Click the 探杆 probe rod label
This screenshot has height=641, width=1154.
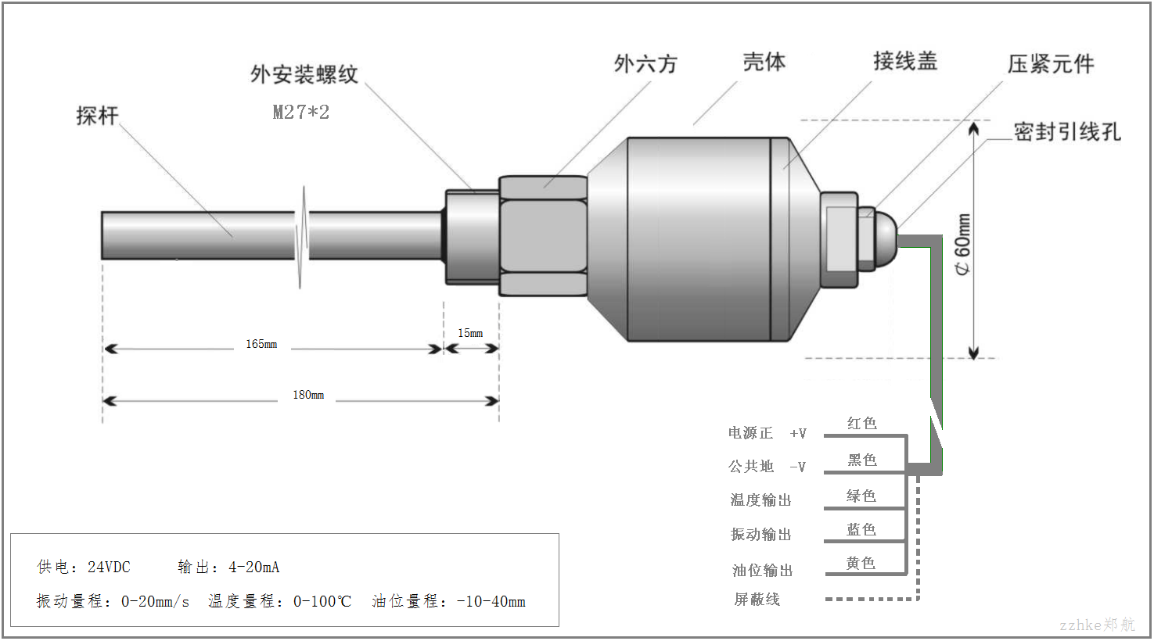tap(97, 116)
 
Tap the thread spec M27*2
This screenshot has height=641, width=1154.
tap(301, 112)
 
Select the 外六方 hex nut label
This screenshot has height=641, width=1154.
tap(645, 64)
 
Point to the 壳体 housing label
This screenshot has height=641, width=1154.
tap(764, 63)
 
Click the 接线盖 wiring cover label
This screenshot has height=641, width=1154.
tap(905, 61)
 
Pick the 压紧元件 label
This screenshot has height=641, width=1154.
tap(1051, 64)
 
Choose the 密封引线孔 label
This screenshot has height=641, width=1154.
tap(1067, 131)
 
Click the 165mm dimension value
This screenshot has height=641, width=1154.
tap(261, 344)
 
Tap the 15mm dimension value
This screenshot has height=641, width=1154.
tap(470, 333)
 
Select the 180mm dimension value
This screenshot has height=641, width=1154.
tap(308, 395)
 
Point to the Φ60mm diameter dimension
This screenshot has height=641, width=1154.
tap(962, 244)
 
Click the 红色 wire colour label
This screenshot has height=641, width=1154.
tap(862, 423)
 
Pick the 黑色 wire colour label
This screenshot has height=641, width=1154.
tap(862, 460)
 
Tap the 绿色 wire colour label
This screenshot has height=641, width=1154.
tap(861, 496)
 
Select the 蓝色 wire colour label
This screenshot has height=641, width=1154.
tap(861, 529)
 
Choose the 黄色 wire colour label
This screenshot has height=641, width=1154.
tap(861, 563)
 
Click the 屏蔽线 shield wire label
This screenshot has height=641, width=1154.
tap(757, 600)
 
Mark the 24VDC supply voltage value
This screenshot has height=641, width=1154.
tap(109, 567)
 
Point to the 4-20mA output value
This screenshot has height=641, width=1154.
tap(253, 567)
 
